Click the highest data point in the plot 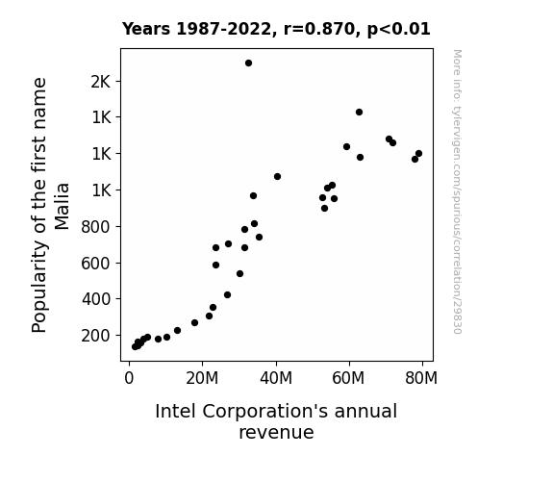pos(249,63)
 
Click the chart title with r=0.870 pos(276,29)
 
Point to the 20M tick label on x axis pos(202,378)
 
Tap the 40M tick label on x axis pos(276,378)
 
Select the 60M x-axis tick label pos(348,378)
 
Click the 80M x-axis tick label pos(421,378)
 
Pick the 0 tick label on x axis pos(129,378)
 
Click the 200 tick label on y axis pos(96,336)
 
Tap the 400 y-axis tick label pos(96,299)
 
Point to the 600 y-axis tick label pos(96,264)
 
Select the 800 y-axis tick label pos(96,227)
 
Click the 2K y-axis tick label pos(101,82)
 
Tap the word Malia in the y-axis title pos(63,206)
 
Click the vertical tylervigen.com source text pos(457,191)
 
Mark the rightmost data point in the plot pos(418,154)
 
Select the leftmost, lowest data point pos(135,347)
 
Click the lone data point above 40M pos(277,176)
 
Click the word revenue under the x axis pos(276,433)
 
